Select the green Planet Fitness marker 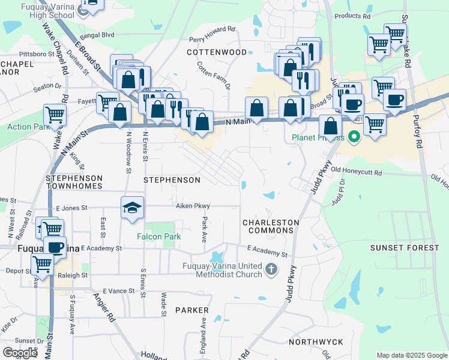point(354,137)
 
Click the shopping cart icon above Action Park point(54,114)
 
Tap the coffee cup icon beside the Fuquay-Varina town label point(56,247)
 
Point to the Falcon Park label point(158,236)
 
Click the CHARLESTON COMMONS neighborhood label point(270,227)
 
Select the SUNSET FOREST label point(404,248)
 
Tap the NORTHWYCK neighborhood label point(316,342)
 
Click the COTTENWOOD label point(216,52)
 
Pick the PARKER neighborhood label point(192,310)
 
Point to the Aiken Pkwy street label point(193,206)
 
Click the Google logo point(20,353)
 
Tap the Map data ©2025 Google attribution point(411,355)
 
